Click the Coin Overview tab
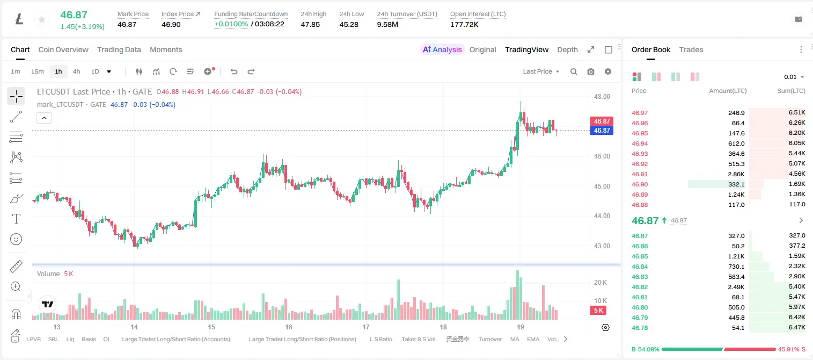[63, 49]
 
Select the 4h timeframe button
[76, 71]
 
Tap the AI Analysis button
[442, 49]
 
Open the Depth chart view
[567, 49]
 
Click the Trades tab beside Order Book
[691, 49]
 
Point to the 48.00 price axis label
[602, 97]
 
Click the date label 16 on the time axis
[289, 327]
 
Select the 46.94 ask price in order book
[640, 143]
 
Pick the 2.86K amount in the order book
[736, 174]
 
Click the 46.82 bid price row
[640, 287]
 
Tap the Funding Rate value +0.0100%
[231, 24]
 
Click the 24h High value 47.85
[310, 24]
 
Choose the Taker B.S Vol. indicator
[419, 339]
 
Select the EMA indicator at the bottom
[533, 339]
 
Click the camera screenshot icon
[591, 71]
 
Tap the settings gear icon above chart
[608, 71]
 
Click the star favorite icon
[42, 19]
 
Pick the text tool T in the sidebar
[16, 219]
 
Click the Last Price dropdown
[541, 71]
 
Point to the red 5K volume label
[598, 310]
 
